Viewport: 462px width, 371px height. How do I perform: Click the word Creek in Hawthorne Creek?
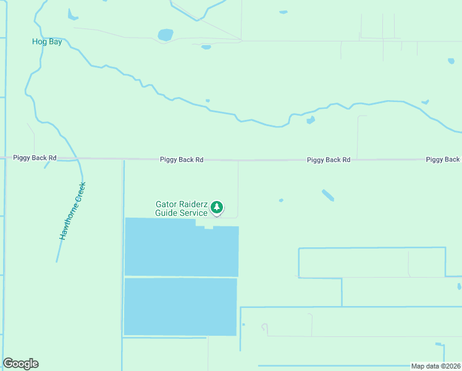click(80, 192)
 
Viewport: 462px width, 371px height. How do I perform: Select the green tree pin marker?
click(217, 207)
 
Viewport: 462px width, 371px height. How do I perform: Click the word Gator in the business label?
click(166, 204)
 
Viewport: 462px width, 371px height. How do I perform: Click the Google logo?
click(20, 364)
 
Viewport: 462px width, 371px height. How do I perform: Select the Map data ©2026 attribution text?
click(435, 366)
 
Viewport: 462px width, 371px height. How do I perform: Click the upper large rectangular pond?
click(181, 250)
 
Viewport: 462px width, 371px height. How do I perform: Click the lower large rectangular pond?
click(180, 307)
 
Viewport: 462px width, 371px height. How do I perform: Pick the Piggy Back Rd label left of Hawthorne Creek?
click(35, 158)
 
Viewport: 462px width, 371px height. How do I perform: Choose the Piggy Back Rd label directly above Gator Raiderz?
click(182, 160)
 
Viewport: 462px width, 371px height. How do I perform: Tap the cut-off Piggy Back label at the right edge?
click(443, 160)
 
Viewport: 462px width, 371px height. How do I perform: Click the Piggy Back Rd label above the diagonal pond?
click(329, 160)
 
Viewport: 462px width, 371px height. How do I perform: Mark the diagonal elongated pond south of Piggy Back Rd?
click(328, 195)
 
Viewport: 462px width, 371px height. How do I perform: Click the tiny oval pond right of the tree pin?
click(281, 200)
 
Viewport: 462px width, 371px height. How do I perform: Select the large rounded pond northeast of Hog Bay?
click(166, 35)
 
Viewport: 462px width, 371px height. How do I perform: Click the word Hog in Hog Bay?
click(38, 41)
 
